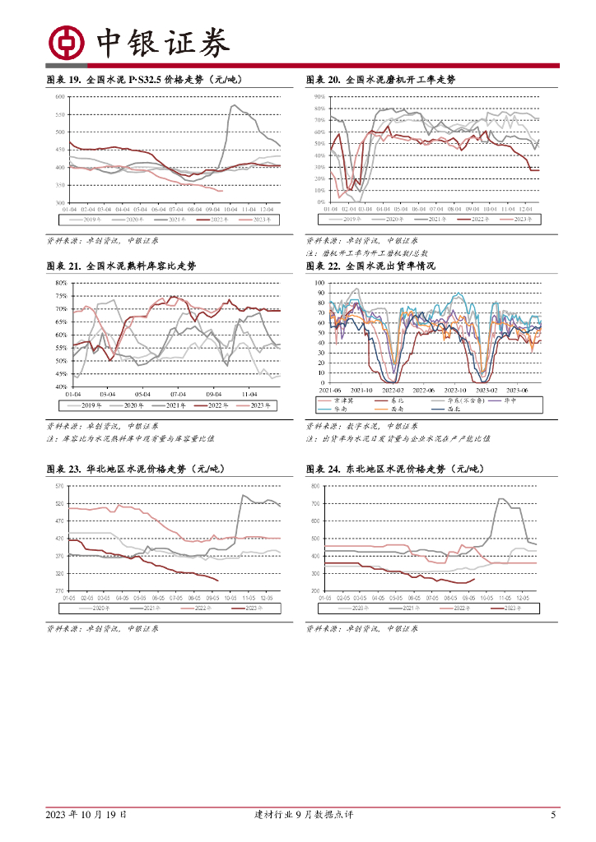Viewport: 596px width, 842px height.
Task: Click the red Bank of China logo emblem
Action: coord(65,42)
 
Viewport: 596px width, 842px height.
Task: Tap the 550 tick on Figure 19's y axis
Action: coord(60,114)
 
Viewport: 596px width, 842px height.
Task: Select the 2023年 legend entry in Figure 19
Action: coord(254,220)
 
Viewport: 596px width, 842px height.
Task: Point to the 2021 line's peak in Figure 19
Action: coord(234,105)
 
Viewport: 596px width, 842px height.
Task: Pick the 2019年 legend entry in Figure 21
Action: coord(92,405)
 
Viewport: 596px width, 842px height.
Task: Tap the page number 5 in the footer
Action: coord(553,815)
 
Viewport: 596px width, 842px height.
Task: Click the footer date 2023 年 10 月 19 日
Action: coord(86,815)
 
